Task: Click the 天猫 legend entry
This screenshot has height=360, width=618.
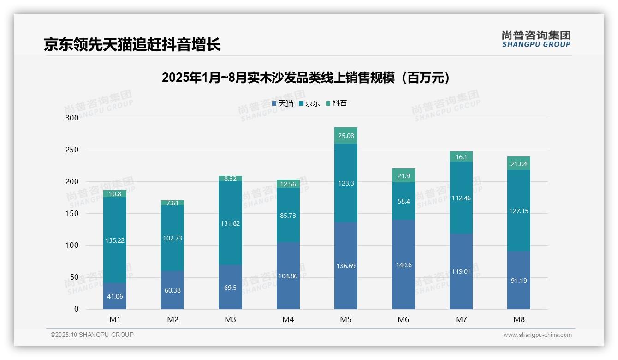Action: point(283,103)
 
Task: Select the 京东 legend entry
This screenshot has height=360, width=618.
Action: point(309,103)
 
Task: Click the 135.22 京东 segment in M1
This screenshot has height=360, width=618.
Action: point(115,240)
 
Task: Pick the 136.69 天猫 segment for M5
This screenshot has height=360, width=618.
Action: point(346,266)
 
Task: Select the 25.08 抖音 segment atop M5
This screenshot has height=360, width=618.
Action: point(346,136)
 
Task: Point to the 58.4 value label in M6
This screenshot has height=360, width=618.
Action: point(404,201)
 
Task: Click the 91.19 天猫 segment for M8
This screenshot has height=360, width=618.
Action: point(519,280)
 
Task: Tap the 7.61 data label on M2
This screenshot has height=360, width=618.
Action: point(172,203)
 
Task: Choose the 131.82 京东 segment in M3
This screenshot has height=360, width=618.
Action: point(230,223)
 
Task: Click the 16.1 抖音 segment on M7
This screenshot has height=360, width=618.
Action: point(461,157)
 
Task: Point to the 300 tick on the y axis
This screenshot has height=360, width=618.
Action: point(73,118)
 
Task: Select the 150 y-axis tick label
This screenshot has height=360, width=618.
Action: point(73,214)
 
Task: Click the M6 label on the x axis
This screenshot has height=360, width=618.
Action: point(404,319)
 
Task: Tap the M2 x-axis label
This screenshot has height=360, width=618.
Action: point(172,319)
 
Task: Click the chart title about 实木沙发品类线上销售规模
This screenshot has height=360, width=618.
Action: point(306,78)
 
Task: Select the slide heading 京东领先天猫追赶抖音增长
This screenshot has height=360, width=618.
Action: point(132,44)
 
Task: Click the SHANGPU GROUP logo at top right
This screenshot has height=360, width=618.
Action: point(536,39)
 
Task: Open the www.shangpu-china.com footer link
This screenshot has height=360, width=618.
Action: point(537,335)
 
